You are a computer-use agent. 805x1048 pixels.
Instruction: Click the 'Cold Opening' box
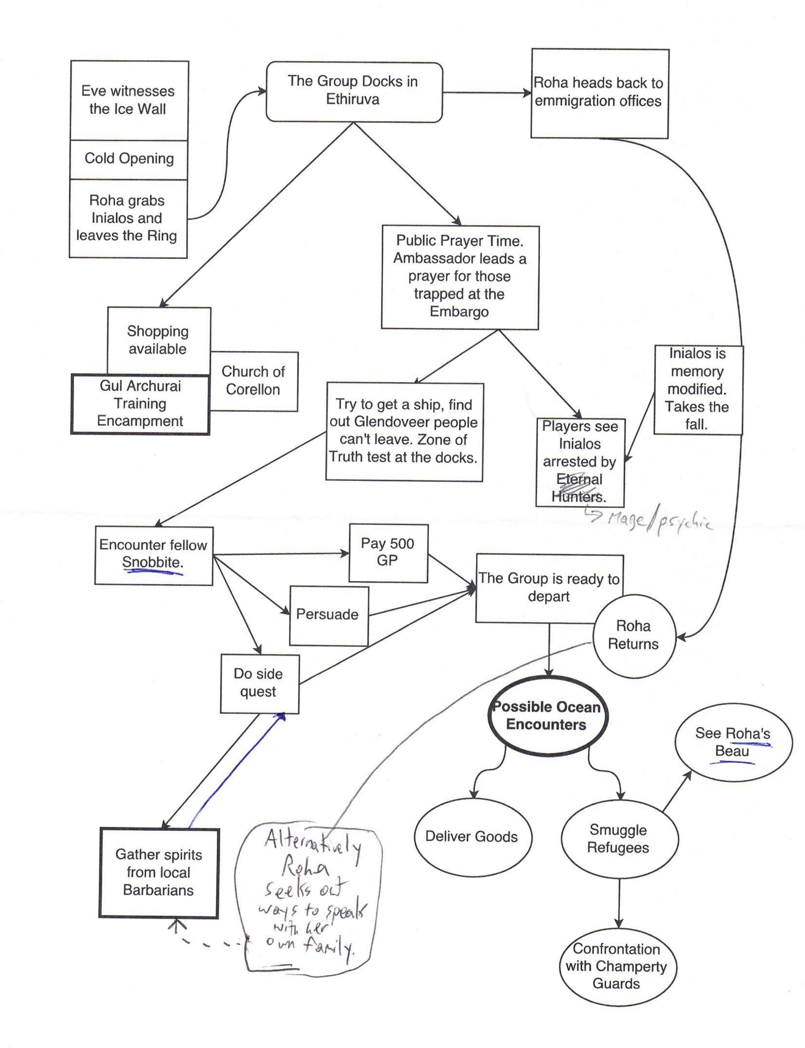(129, 158)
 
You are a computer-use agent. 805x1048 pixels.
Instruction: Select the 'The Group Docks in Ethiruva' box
(354, 91)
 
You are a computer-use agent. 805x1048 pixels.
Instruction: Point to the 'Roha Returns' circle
(633, 635)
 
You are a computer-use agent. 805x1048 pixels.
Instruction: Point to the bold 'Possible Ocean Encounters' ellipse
(547, 716)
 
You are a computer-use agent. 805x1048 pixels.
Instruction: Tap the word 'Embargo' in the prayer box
(459, 312)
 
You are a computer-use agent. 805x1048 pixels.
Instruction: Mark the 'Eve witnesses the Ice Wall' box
(128, 100)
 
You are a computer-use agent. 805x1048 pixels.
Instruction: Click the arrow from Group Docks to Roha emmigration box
(486, 93)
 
